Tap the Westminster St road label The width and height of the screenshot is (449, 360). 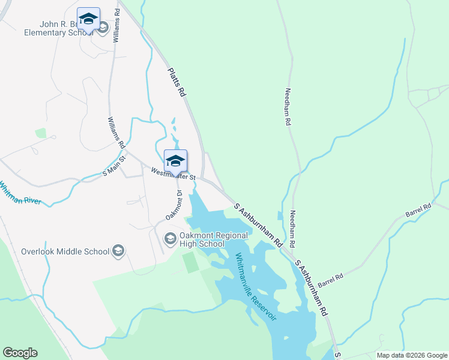pos(173,174)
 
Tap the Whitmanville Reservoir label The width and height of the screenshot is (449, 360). pos(256,286)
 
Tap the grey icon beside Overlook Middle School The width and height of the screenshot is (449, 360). pos(118,251)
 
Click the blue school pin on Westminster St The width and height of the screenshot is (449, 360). pos(175,160)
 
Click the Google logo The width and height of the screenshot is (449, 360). pos(20,353)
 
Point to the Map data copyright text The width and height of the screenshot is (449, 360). pos(412,355)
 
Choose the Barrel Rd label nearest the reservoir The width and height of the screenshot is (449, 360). pos(330,279)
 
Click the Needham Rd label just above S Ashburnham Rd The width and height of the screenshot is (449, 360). pos(293,230)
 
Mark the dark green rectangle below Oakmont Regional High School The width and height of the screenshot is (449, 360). pos(190,262)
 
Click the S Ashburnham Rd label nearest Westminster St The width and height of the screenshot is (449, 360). pos(258,226)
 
